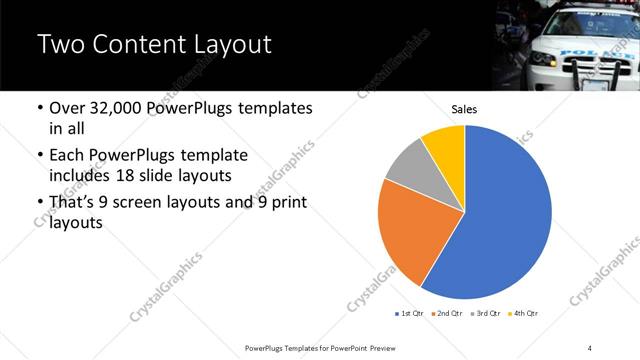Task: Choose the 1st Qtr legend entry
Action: tap(410, 314)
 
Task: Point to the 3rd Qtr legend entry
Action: tap(484, 314)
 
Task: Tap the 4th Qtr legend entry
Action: tap(523, 314)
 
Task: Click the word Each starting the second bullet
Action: tap(67, 156)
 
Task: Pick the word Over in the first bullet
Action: tap(68, 109)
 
